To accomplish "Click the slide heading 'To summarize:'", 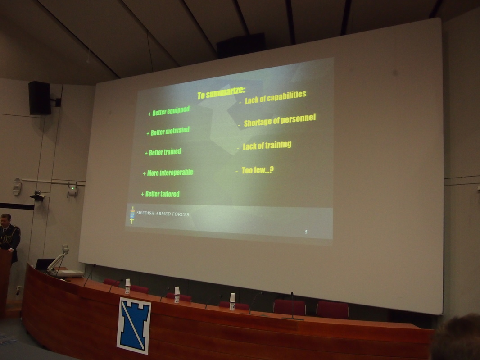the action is tap(221, 93).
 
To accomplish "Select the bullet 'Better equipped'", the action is tap(169, 111).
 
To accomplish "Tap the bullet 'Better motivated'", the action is tap(168, 132).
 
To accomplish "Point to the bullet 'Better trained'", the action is tap(163, 152).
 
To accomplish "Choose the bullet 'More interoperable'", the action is tap(168, 173).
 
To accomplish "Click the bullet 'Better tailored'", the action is tap(160, 194).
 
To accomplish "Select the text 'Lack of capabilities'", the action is tap(272, 97).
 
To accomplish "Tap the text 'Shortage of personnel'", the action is tap(277, 120).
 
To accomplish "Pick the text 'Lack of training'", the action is tap(264, 145).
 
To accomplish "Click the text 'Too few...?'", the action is tap(255, 170).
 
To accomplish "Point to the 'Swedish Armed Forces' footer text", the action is tap(163, 214).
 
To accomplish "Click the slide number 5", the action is tap(306, 232).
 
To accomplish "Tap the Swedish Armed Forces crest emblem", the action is tap(132, 215).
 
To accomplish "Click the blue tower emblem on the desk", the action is tap(134, 325).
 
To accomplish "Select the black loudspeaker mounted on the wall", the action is tap(40, 98).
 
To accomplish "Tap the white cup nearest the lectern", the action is tap(127, 286).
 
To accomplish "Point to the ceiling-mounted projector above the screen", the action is tap(241, 46).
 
